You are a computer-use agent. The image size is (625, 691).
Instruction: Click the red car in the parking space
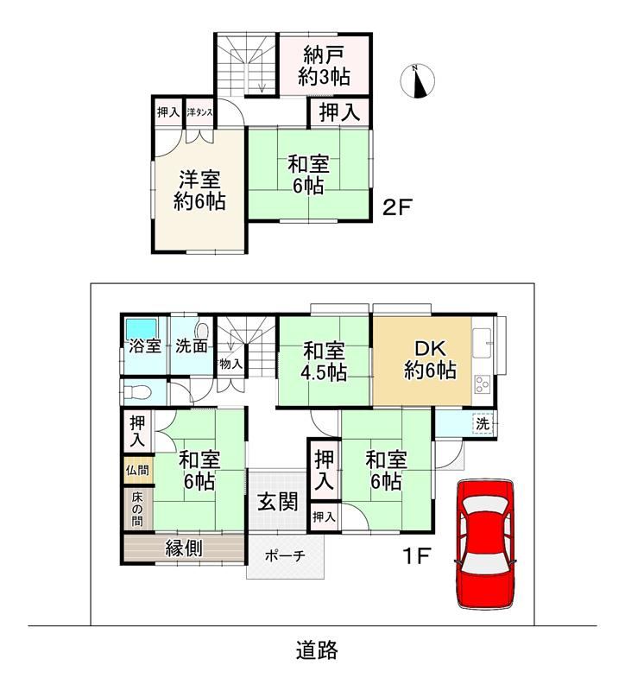[485, 545]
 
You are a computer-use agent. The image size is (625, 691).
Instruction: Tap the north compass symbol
[418, 81]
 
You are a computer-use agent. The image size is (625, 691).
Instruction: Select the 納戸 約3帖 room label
[324, 67]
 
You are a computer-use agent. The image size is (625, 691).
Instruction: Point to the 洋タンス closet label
[199, 112]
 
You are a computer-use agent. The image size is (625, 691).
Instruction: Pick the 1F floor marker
[417, 556]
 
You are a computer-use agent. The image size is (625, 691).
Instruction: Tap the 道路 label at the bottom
[317, 650]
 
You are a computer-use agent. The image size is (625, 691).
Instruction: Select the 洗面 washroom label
[192, 346]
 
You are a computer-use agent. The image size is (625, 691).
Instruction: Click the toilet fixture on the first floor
[137, 391]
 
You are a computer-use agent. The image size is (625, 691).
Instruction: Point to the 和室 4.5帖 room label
[324, 362]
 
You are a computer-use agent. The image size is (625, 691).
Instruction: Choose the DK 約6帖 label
[430, 359]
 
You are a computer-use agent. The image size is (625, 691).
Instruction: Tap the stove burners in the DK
[483, 384]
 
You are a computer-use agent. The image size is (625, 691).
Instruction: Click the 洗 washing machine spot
[483, 424]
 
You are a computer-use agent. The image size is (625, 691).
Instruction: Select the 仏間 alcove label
[137, 470]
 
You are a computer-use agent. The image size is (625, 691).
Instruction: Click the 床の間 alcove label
[137, 510]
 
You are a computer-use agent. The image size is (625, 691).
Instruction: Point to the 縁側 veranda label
[184, 548]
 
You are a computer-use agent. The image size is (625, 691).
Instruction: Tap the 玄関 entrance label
[278, 502]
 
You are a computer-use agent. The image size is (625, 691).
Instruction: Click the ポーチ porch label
[285, 555]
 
